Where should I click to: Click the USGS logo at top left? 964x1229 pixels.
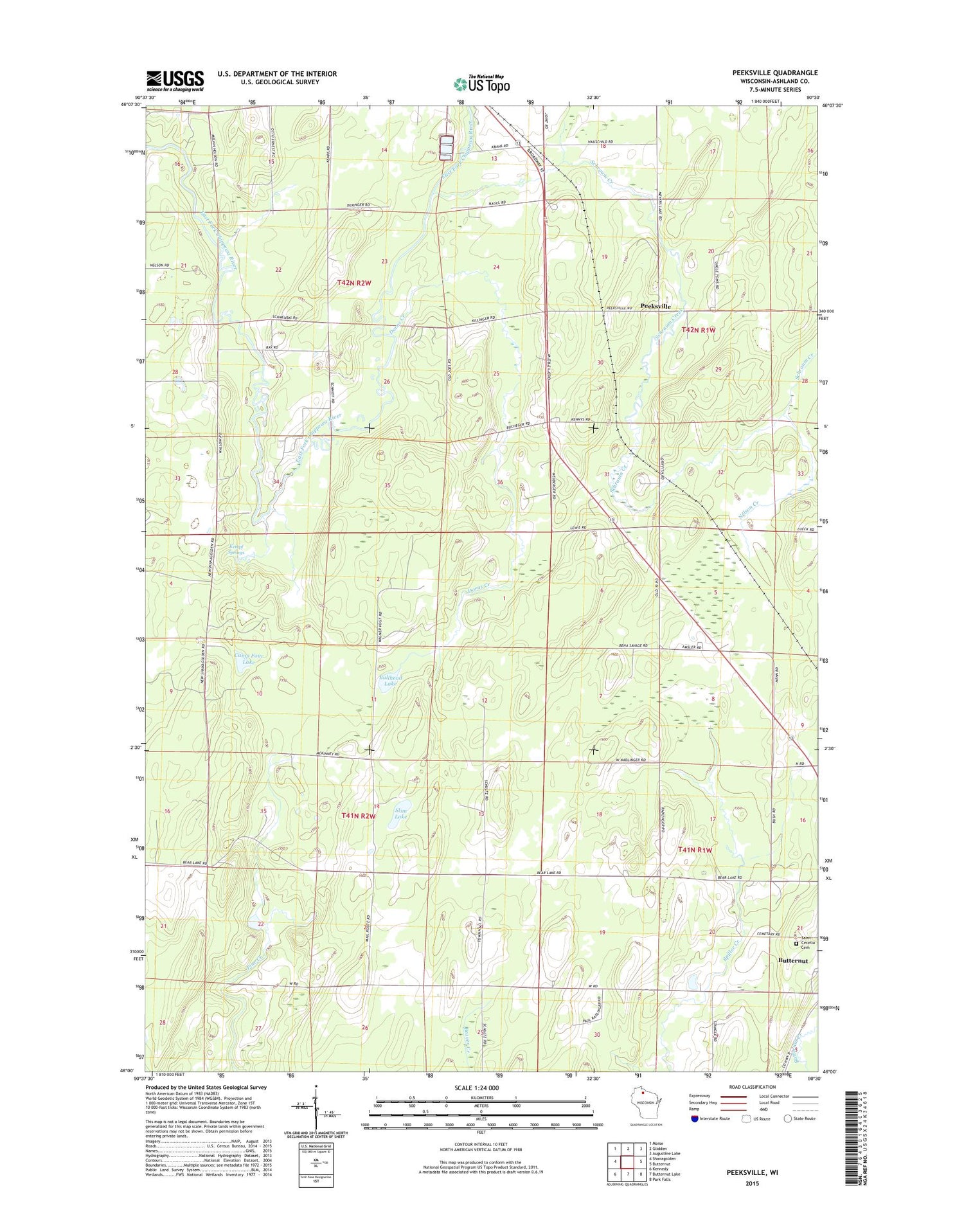[x=175, y=80]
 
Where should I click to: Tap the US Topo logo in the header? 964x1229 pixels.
[x=482, y=84]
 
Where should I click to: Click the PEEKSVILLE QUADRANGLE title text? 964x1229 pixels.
[x=774, y=73]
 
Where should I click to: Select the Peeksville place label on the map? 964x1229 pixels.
[x=656, y=307]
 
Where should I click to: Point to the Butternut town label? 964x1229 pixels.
[x=792, y=960]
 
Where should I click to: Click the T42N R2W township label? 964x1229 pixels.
[x=354, y=283]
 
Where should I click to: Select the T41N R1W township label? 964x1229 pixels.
[x=695, y=850]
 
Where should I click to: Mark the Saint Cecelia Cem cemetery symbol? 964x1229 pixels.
[x=796, y=944]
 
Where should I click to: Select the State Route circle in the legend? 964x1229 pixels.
[x=787, y=1118]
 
